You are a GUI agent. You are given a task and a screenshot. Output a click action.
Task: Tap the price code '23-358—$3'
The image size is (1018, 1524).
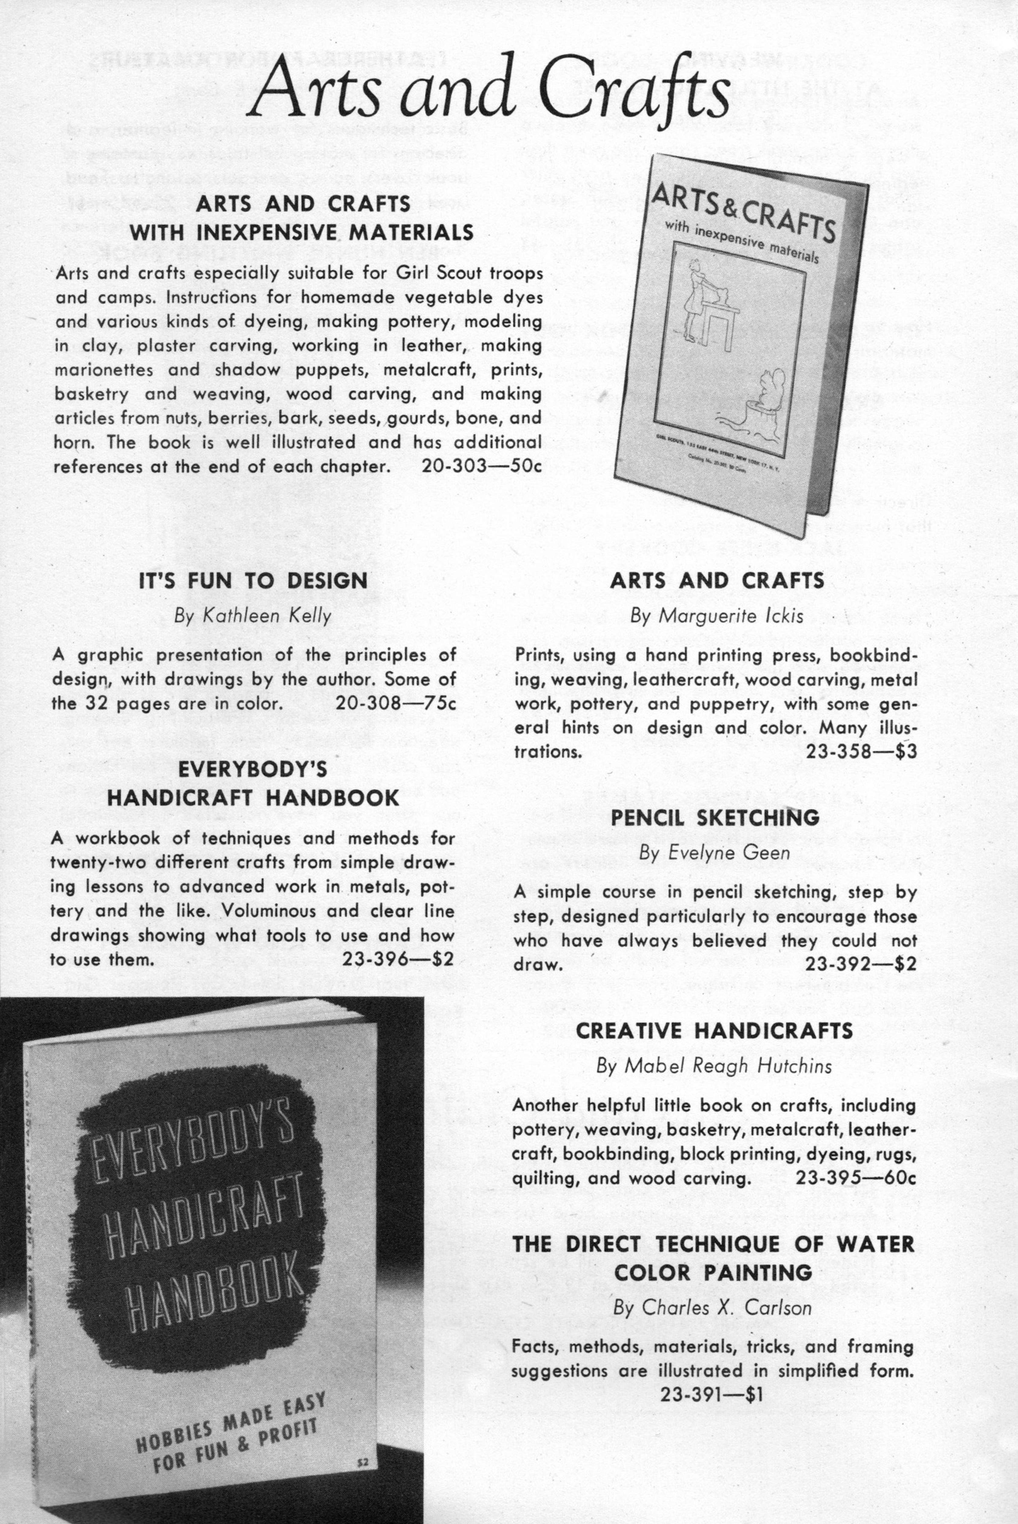click(861, 752)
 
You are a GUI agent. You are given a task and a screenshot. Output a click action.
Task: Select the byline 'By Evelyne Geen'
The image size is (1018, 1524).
click(714, 853)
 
